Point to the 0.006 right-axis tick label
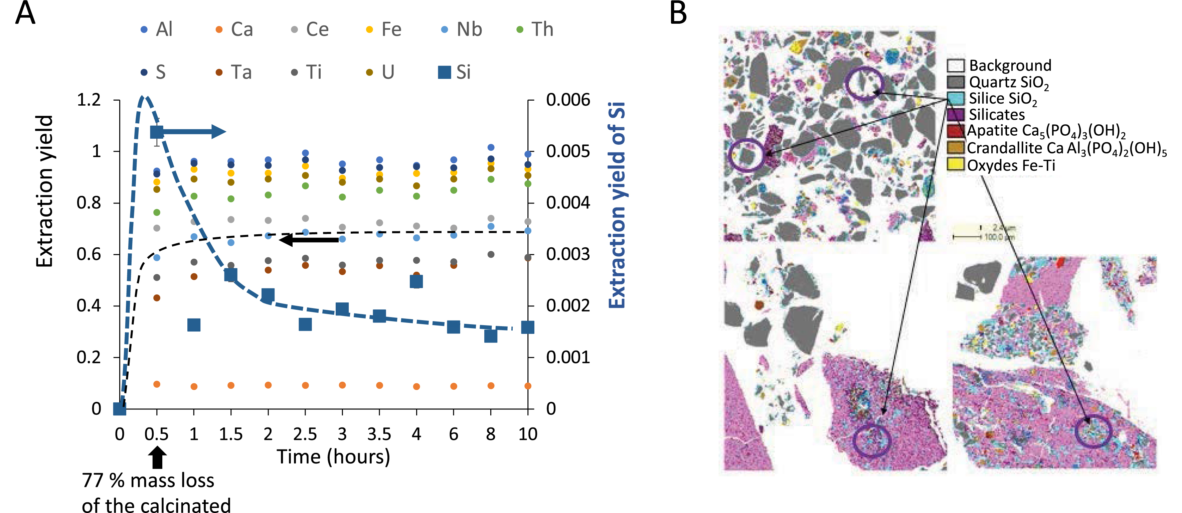point(567,100)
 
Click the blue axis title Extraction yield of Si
point(617,205)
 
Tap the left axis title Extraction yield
point(44,191)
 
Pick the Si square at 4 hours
point(416,281)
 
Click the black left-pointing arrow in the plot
point(309,240)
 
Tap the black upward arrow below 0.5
point(157,458)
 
